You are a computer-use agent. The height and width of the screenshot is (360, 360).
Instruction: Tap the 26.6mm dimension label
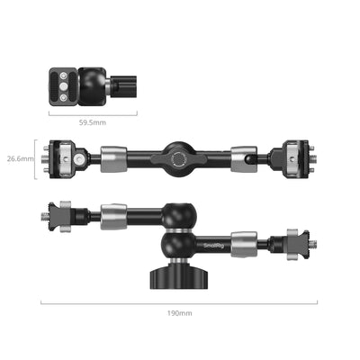click(x=21, y=158)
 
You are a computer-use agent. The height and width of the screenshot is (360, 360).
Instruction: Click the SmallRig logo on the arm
click(x=217, y=240)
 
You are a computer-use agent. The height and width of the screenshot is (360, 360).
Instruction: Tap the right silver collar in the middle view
click(x=242, y=160)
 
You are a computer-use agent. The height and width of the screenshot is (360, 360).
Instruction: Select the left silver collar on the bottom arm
click(x=114, y=217)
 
